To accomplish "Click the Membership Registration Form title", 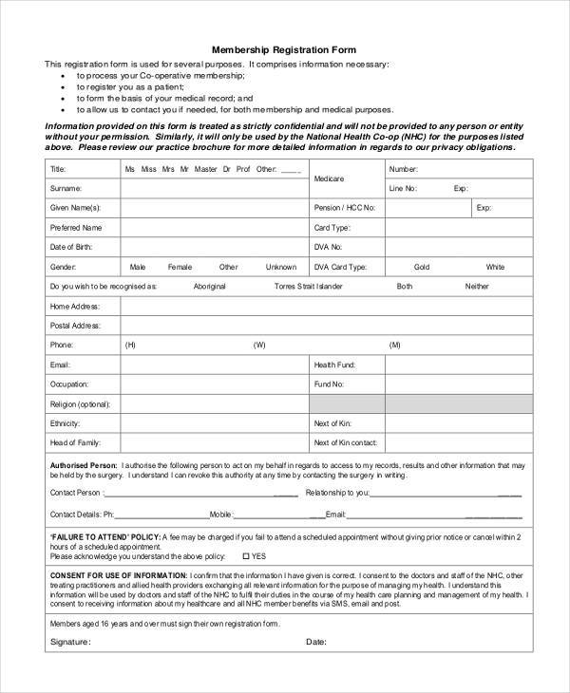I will coord(284,48).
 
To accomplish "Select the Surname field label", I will coord(66,188).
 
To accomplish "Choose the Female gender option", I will coord(180,267).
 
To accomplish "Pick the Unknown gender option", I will coord(281,267).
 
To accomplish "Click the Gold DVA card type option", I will coord(422,267).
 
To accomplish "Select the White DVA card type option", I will coord(495,267).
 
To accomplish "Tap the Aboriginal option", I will coord(209,286).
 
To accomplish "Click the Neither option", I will coord(477,286).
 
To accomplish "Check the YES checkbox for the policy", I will coord(246,556).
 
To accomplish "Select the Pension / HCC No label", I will coord(344,207).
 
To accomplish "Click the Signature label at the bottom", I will coord(68,642).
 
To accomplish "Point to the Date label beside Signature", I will coord(316,642).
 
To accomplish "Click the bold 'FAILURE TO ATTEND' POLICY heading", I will coord(104,536).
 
